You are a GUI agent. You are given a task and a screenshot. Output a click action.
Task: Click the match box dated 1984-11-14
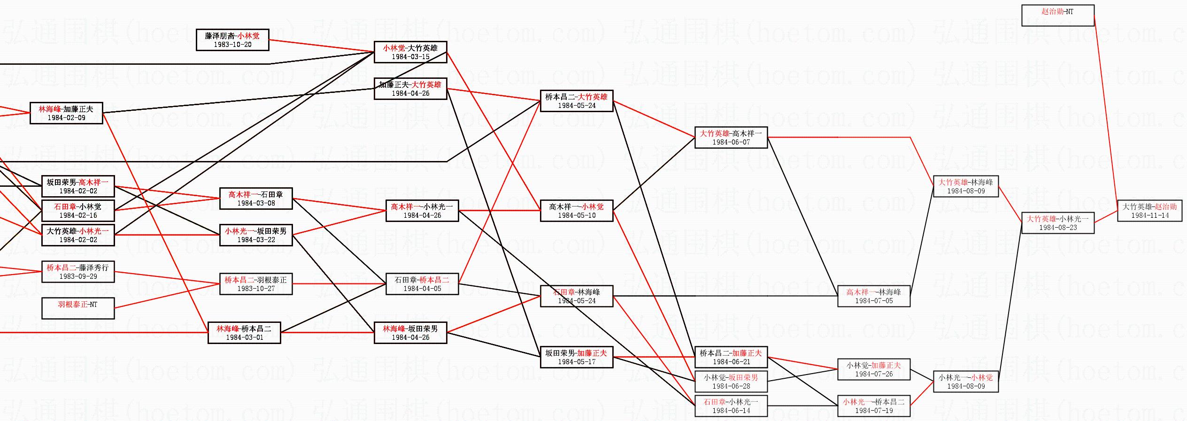[1149, 211]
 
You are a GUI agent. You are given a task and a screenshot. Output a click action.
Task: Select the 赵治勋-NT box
[1057, 15]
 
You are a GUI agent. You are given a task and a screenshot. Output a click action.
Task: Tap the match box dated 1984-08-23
[1058, 223]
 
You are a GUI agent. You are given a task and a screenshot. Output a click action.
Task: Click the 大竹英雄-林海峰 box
[965, 186]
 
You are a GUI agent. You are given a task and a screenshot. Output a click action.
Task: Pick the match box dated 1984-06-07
[731, 138]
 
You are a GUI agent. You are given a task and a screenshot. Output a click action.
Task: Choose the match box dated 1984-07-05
[873, 296]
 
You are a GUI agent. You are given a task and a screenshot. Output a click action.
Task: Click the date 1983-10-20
[232, 45]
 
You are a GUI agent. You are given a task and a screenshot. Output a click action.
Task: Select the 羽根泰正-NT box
[78, 308]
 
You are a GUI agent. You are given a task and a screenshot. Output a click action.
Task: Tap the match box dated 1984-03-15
[410, 52]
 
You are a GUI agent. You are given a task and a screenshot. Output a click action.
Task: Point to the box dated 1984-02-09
[66, 113]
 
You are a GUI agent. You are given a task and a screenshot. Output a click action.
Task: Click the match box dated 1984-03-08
[256, 199]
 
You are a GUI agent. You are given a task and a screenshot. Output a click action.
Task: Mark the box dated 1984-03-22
[256, 235]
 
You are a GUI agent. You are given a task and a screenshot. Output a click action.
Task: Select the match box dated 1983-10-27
[256, 284]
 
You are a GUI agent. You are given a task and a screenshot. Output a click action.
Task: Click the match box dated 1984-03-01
[244, 333]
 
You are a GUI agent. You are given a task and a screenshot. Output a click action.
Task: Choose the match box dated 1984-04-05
[422, 284]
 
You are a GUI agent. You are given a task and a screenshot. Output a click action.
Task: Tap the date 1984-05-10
[577, 215]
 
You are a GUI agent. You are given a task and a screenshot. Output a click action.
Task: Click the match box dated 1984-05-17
[577, 357]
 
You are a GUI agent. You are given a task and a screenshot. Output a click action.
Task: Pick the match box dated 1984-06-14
[731, 406]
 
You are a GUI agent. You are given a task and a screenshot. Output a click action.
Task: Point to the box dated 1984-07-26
[873, 369]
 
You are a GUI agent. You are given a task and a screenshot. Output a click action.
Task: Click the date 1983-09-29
[78, 276]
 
